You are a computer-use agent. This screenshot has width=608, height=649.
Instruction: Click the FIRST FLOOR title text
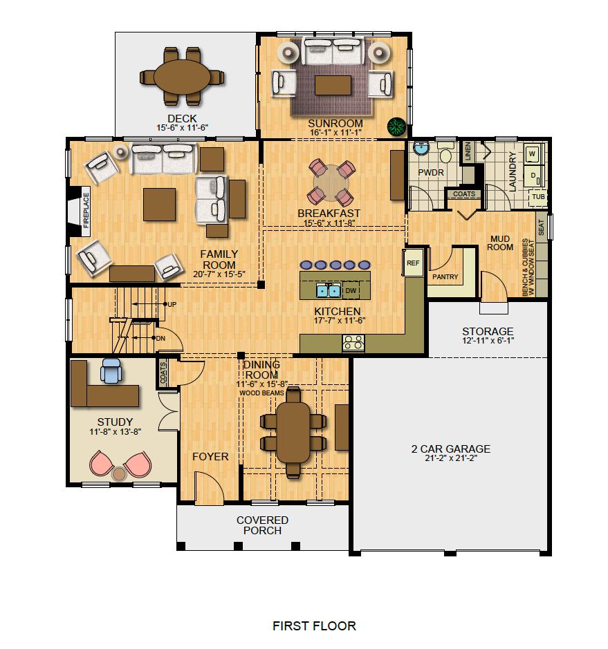(314, 626)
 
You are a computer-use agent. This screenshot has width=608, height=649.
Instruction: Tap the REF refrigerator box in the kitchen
(413, 263)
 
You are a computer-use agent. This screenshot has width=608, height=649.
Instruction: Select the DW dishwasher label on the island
(351, 291)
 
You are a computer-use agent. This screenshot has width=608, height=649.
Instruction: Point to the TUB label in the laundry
(537, 198)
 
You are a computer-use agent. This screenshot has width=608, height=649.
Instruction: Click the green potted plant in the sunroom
(396, 126)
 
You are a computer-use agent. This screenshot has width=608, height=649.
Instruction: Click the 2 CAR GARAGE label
(450, 449)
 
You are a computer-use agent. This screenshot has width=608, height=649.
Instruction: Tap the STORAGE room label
(488, 331)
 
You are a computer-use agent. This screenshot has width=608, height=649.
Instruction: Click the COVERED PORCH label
(262, 525)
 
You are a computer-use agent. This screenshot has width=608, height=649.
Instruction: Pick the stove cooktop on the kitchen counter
(354, 341)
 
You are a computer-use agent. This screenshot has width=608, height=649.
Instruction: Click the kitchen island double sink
(328, 290)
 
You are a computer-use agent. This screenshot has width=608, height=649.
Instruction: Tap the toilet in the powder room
(445, 155)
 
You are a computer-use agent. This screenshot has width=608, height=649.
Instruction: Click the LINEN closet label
(468, 151)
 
